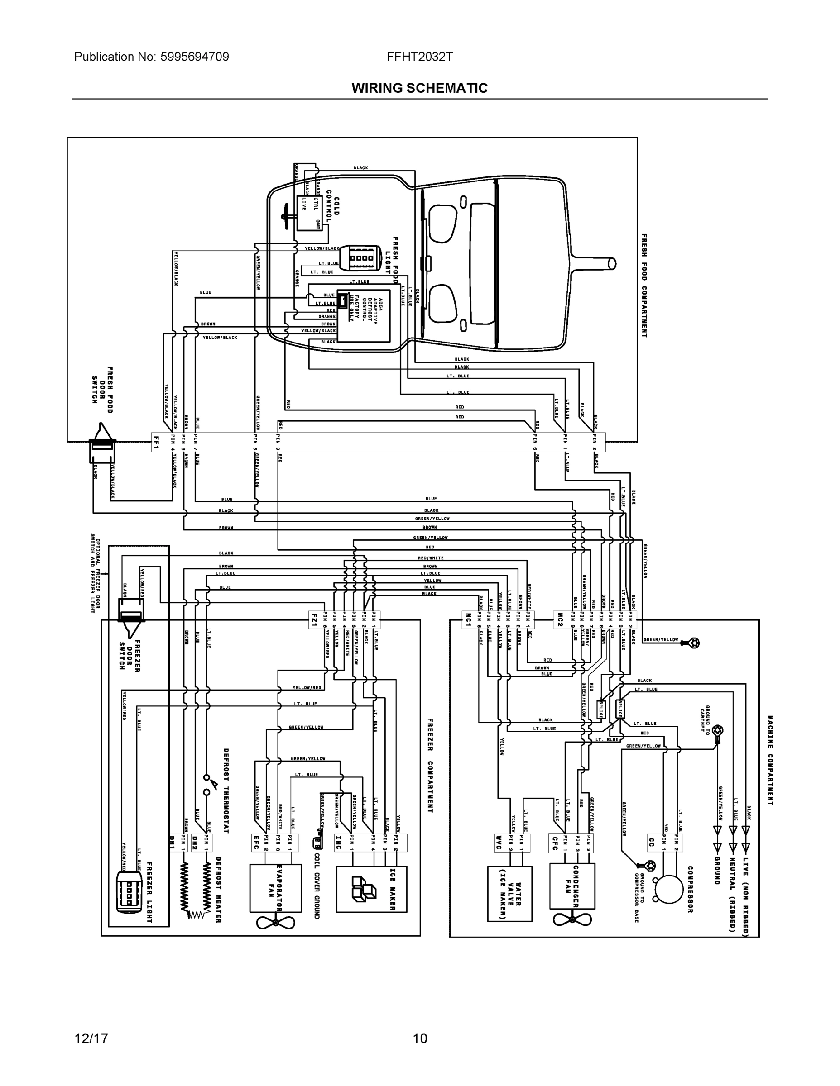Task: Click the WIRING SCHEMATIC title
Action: pos(419,88)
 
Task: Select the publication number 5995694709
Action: pos(195,57)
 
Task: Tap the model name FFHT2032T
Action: pos(419,57)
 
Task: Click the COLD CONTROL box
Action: pos(310,213)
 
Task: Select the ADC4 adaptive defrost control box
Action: pos(364,316)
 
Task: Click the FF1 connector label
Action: pos(156,442)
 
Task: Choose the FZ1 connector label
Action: pos(313,620)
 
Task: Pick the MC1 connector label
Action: pos(468,620)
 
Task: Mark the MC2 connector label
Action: pos(559,620)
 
